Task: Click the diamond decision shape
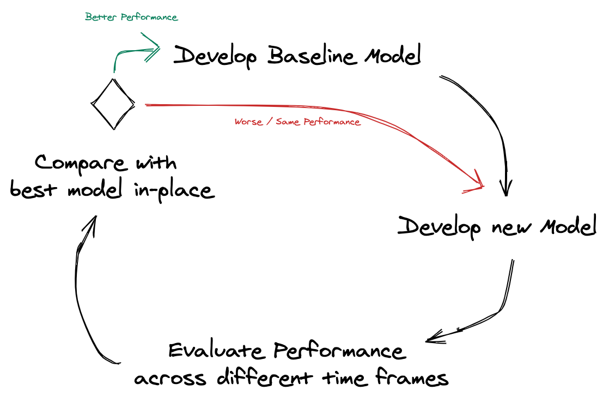click(113, 104)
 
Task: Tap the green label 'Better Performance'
click(131, 17)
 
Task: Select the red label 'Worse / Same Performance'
click(297, 122)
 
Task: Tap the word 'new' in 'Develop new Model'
click(509, 227)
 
